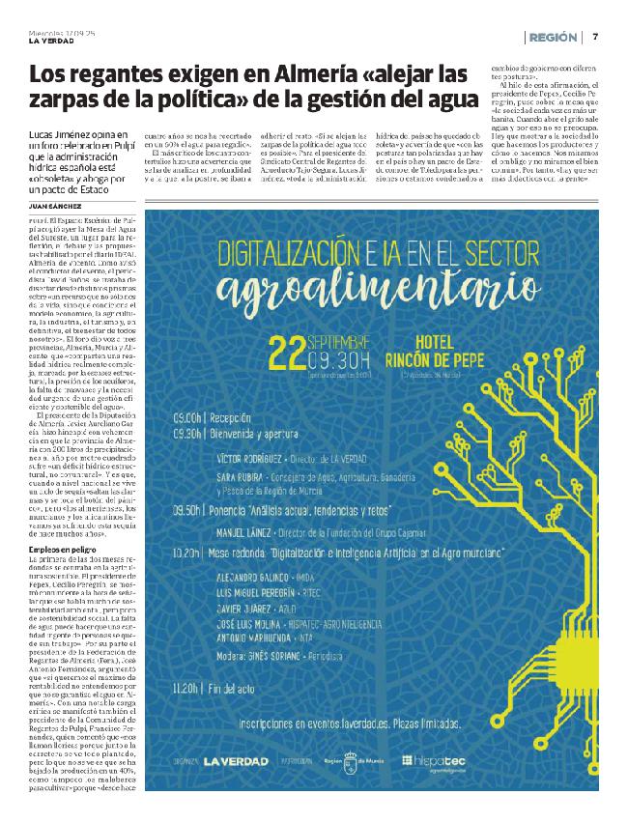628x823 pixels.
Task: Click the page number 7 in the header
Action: [596, 37]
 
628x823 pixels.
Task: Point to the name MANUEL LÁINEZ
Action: [246, 531]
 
